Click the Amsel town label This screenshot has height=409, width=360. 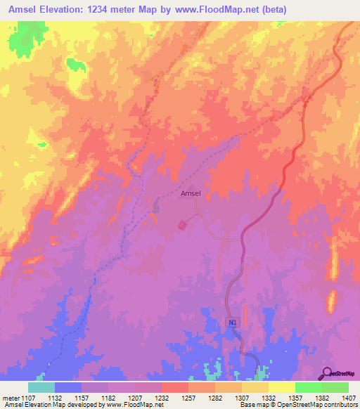point(191,193)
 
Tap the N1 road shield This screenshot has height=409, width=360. point(233,322)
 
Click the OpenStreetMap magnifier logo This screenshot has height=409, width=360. point(327,372)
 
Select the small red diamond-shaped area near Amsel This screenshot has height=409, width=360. point(183,225)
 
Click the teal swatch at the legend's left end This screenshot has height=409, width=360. point(41,387)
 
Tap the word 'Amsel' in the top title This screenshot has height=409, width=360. point(22,9)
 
